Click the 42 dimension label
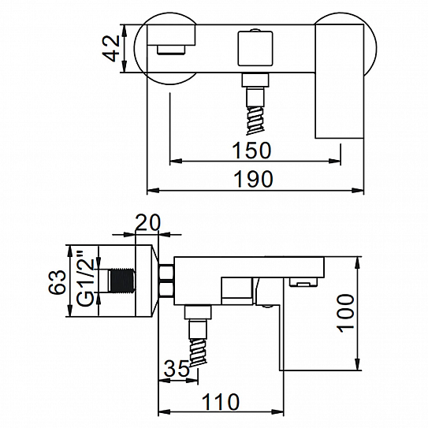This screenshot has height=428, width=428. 111,48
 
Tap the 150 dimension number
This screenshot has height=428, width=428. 251,151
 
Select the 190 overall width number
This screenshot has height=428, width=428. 254,179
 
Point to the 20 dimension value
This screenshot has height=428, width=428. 148,222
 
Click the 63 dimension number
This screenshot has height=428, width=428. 57,282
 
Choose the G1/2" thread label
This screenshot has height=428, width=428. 85,278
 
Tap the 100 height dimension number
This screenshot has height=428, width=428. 345,314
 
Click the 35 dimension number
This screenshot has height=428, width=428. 177,369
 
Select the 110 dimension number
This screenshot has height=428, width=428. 220,401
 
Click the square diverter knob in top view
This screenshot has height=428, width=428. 255,49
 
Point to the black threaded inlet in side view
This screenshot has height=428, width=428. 122,281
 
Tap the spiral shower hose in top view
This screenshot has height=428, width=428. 255,120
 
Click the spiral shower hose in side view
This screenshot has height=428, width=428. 198,352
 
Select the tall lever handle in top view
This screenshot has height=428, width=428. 339,81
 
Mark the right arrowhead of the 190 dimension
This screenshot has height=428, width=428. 358,190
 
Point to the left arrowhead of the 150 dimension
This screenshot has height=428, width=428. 176,161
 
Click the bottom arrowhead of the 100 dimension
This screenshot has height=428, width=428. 357,364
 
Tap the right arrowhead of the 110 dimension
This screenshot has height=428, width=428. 277,411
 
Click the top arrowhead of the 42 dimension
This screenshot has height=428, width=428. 125,31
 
